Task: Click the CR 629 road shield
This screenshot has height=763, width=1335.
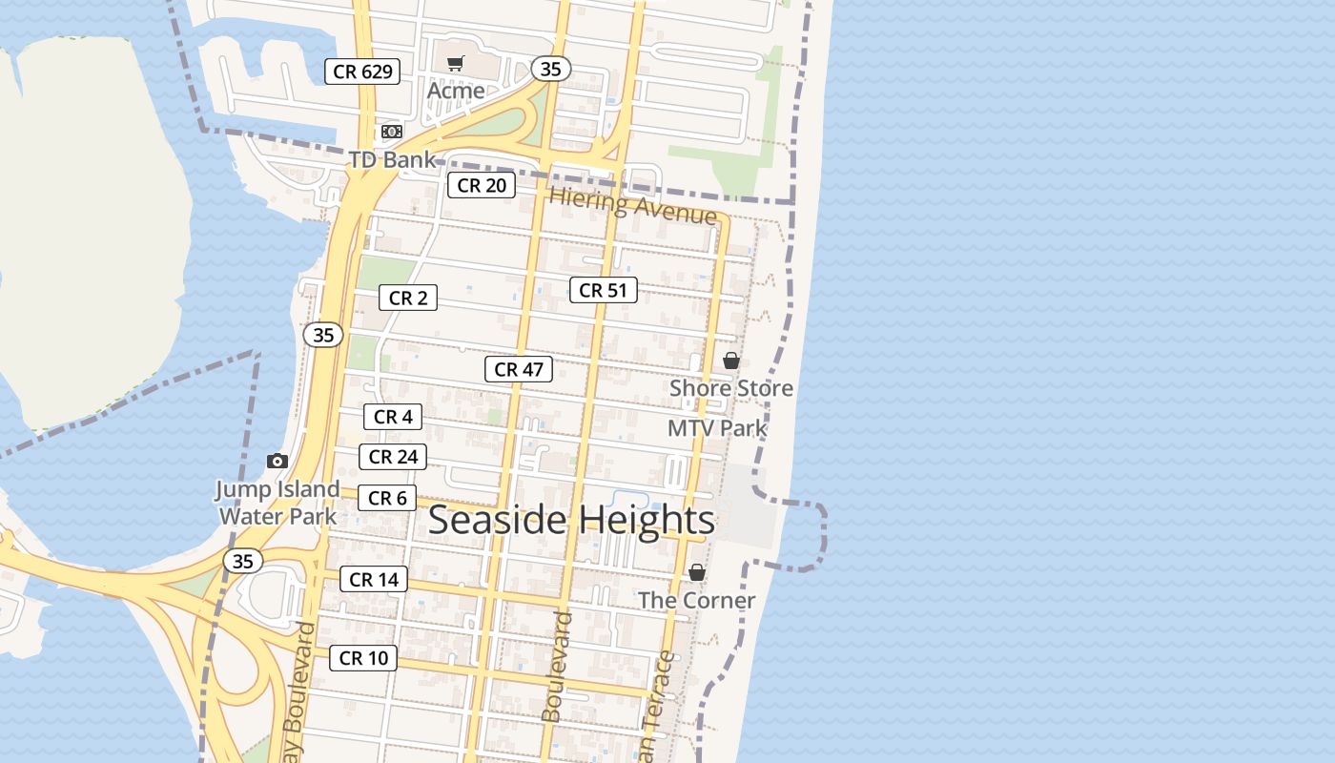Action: click(361, 72)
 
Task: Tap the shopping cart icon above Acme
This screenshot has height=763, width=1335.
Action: click(456, 63)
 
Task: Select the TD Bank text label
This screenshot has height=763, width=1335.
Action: click(392, 159)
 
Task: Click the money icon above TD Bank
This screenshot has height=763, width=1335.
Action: click(391, 132)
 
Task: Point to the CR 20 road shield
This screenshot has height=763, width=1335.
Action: click(482, 185)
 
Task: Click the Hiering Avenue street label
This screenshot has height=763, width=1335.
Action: click(633, 206)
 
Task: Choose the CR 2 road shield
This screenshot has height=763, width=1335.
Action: click(408, 298)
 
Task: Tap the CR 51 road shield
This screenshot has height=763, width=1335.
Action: click(603, 290)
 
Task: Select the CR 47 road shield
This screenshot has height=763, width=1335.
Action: click(519, 369)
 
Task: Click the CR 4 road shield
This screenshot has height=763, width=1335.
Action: click(393, 417)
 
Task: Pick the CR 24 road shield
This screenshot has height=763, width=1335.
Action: click(393, 457)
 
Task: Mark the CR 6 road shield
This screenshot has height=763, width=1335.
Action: click(387, 498)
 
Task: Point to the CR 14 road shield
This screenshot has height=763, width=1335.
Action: click(374, 579)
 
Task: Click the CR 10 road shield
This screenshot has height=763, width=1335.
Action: click(363, 658)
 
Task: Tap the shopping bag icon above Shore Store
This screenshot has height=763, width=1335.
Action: click(731, 361)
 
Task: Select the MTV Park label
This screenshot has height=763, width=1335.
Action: click(717, 428)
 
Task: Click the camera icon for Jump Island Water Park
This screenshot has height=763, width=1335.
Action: click(277, 462)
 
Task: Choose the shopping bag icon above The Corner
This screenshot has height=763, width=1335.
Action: click(697, 572)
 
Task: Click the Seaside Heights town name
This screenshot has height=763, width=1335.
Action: click(571, 521)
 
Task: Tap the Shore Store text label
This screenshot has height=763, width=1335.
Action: click(731, 388)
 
